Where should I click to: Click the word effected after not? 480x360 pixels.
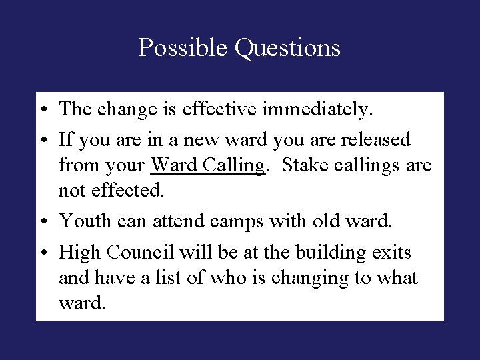click(130, 191)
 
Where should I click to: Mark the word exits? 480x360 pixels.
click(393, 253)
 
